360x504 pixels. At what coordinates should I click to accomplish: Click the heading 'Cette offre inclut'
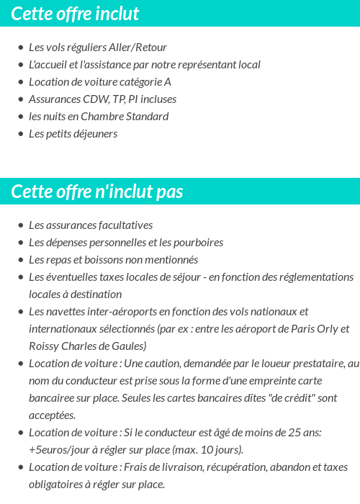[75, 14]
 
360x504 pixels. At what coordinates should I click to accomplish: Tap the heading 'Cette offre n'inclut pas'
[97, 192]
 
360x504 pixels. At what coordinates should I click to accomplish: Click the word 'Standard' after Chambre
[145, 117]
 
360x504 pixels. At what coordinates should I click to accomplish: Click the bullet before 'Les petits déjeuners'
[21, 134]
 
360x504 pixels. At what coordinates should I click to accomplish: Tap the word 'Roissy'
[45, 346]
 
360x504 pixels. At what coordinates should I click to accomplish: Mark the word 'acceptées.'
[53, 415]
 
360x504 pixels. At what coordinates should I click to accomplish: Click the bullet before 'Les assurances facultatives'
[21, 225]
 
